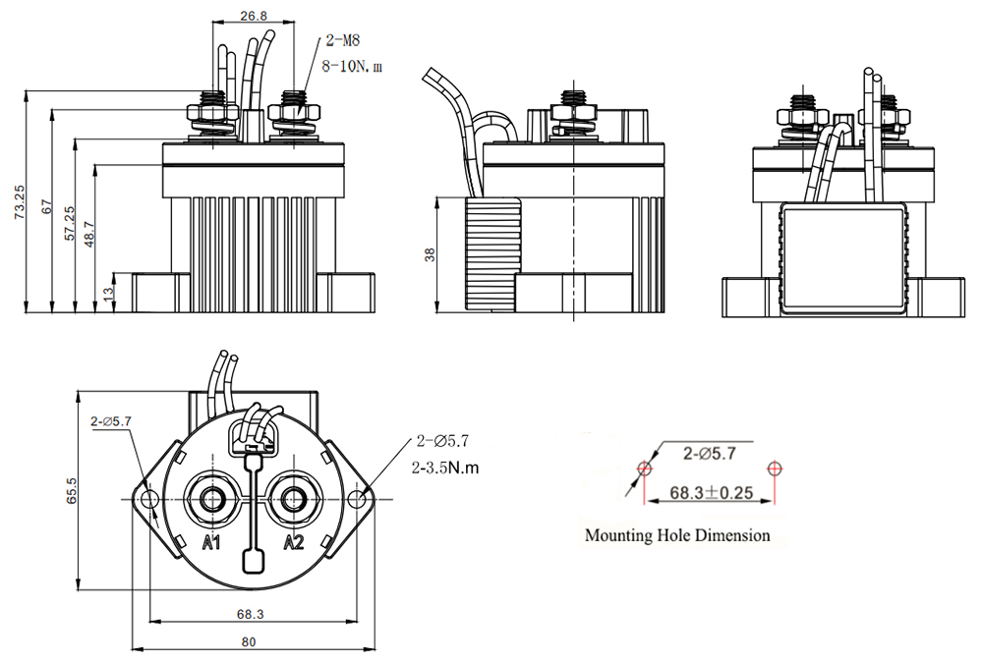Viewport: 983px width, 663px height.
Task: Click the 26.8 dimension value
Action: click(x=254, y=15)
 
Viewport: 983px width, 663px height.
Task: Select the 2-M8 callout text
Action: click(x=343, y=40)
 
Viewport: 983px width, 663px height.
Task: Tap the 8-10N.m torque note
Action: click(x=352, y=66)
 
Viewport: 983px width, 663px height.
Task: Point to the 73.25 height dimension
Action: click(x=20, y=201)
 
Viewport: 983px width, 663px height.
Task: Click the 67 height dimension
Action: click(x=45, y=207)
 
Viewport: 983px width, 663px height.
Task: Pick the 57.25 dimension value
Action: click(x=69, y=223)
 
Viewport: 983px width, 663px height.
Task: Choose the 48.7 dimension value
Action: click(x=88, y=234)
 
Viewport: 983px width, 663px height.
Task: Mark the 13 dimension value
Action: click(x=107, y=292)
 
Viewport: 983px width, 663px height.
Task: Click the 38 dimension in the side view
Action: click(x=430, y=254)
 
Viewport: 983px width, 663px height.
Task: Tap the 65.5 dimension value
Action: click(x=71, y=491)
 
